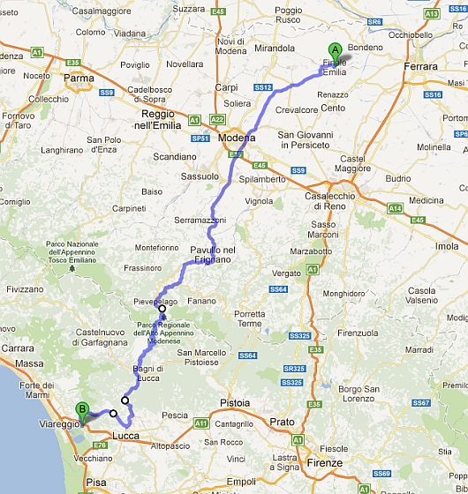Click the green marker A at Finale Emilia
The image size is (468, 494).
(x=334, y=51)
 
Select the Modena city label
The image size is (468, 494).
(x=236, y=140)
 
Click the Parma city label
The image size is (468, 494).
(x=79, y=78)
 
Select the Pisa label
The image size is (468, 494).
(x=95, y=483)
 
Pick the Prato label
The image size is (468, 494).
(x=282, y=422)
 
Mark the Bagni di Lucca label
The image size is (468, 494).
(x=149, y=372)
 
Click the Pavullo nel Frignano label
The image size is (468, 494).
(x=213, y=256)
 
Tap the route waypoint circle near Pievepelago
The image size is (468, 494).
(x=162, y=308)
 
